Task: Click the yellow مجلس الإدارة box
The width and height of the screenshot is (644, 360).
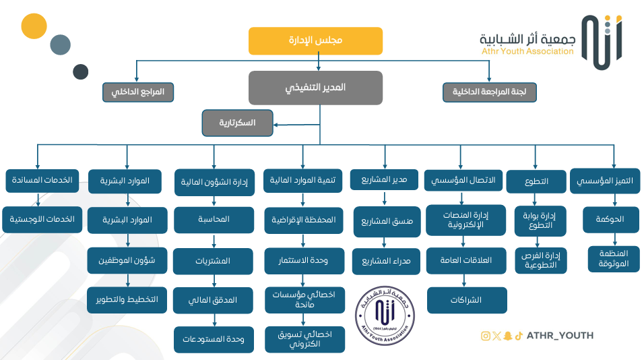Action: click(315, 40)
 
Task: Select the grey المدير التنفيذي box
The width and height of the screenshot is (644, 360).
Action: click(315, 88)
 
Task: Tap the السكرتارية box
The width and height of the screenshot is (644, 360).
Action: click(238, 123)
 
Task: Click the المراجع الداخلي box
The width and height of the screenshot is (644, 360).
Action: click(138, 92)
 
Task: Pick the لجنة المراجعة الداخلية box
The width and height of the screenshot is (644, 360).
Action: click(490, 92)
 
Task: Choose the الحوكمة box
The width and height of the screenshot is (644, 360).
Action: click(610, 220)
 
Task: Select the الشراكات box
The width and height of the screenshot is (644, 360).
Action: click(467, 300)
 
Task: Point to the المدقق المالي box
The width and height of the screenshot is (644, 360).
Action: click(214, 301)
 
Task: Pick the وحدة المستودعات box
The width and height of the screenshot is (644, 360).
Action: click(214, 340)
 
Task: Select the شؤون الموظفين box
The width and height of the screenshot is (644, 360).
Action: click(127, 260)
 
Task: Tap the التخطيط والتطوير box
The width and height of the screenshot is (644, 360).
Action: click(127, 300)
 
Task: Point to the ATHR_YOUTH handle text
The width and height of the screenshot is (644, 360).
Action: click(560, 336)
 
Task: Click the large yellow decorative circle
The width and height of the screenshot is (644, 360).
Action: click(34, 26)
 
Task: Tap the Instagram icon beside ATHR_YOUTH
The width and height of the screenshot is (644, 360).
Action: click(485, 336)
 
